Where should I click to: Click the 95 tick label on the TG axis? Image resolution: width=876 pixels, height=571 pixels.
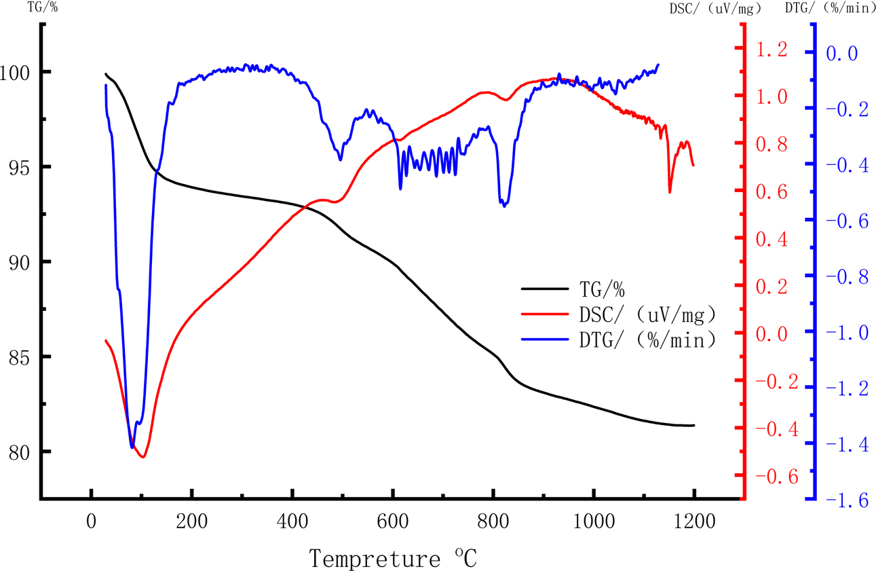[19, 167]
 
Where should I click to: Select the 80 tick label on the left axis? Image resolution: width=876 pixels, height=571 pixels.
[19, 452]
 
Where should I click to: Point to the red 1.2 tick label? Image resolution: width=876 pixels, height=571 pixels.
[772, 50]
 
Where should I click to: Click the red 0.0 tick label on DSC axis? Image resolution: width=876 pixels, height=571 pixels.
[772, 334]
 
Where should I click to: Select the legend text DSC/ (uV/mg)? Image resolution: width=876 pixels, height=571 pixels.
[648, 315]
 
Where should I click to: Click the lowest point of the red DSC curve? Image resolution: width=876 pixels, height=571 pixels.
[142, 457]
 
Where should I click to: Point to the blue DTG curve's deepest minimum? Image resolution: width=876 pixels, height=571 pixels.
[132, 447]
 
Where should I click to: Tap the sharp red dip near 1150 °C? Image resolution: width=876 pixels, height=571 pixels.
[670, 192]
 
